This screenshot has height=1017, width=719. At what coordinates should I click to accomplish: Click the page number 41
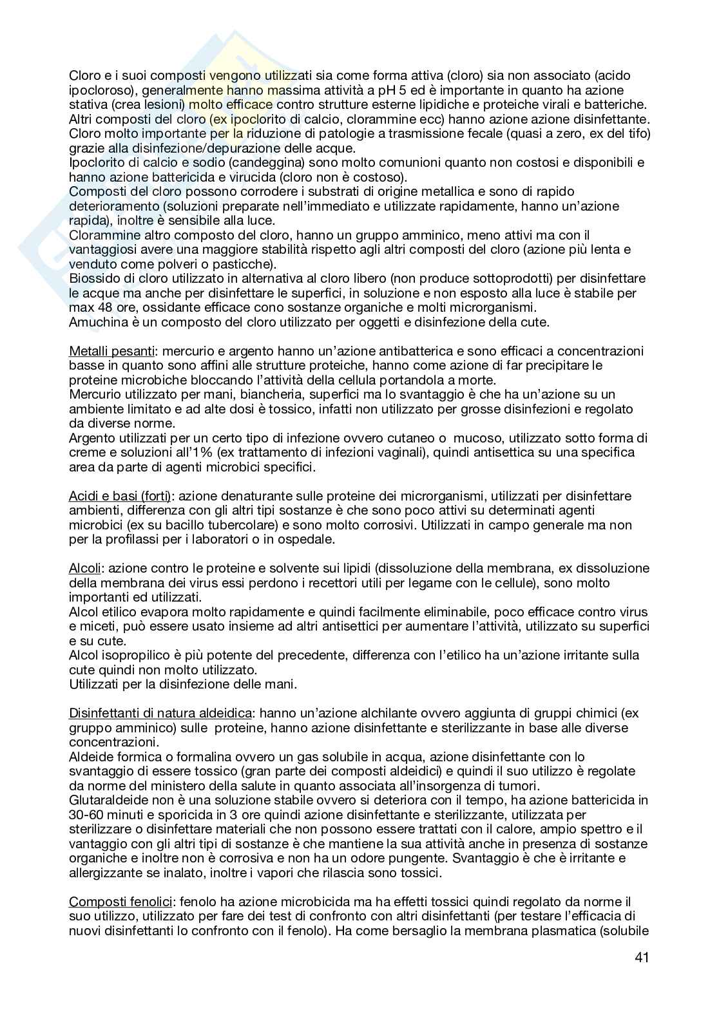pos(641,957)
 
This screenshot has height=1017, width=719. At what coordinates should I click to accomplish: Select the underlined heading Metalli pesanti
pos(111,352)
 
